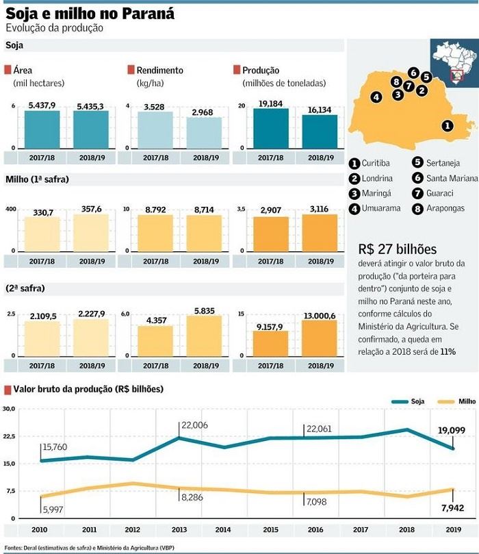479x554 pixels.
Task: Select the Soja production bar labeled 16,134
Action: [320, 131]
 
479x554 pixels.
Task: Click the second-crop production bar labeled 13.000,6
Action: [320, 337]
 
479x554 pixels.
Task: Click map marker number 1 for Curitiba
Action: [446, 125]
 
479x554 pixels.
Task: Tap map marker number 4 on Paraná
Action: [376, 97]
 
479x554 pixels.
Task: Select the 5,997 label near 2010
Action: [54, 509]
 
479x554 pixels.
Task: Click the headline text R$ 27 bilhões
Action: [397, 249]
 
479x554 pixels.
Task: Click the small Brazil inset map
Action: [454, 60]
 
